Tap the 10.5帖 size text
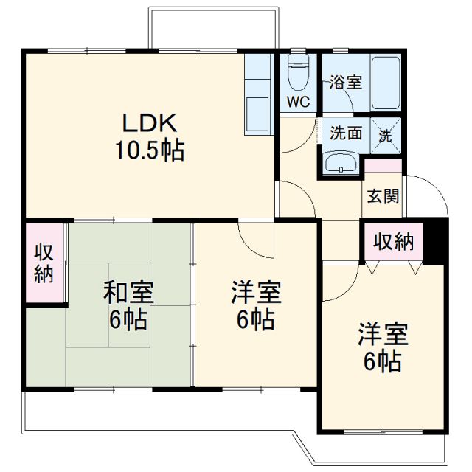pyautogui.click(x=149, y=150)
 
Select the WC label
pyautogui.click(x=299, y=101)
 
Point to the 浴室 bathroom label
pyautogui.click(x=345, y=81)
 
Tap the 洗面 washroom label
pyautogui.click(x=345, y=134)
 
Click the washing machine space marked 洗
pyautogui.click(x=386, y=135)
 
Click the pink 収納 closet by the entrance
pyautogui.click(x=393, y=241)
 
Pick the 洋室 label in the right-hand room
pyautogui.click(x=382, y=333)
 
